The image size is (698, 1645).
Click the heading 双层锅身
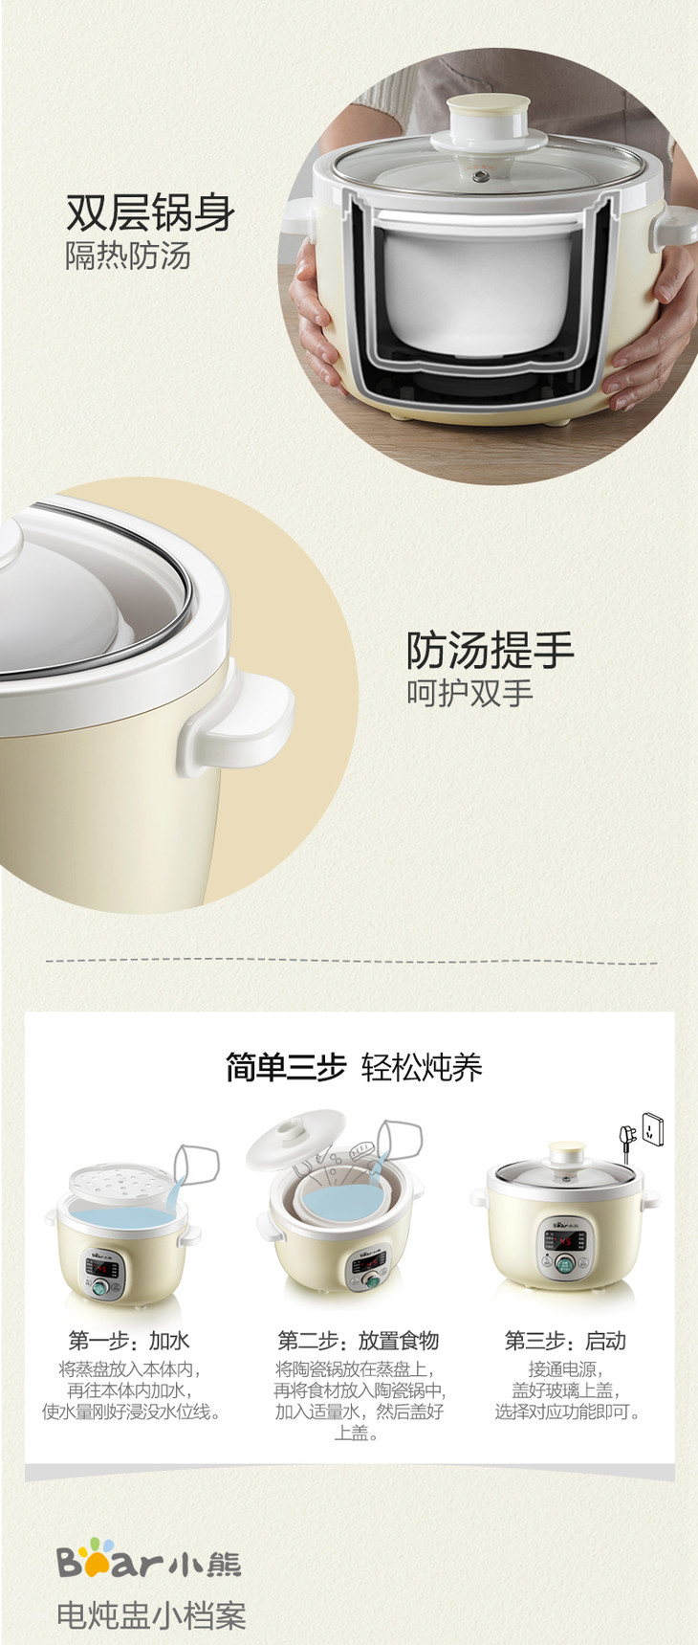(x=150, y=212)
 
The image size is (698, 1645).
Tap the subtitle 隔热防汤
(x=128, y=256)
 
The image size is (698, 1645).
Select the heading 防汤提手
(x=490, y=651)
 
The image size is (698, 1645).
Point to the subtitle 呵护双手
(x=469, y=693)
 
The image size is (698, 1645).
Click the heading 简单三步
(x=285, y=1066)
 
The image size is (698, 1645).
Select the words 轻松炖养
(x=422, y=1066)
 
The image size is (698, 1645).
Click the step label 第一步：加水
(x=129, y=1341)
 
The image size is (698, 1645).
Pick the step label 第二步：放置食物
(x=358, y=1341)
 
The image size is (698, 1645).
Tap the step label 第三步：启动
(x=565, y=1341)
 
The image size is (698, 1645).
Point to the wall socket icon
(x=652, y=1129)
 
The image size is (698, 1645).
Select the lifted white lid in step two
(x=297, y=1139)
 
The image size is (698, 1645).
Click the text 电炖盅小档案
(x=151, y=1615)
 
